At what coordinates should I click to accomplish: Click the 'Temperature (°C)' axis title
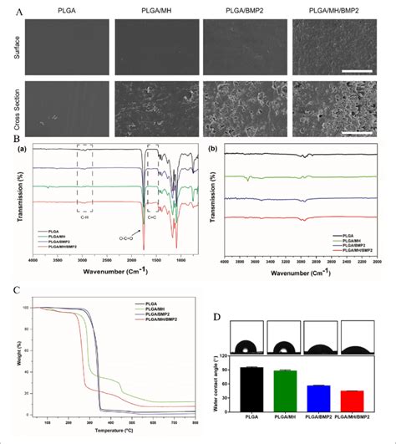point(117,431)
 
